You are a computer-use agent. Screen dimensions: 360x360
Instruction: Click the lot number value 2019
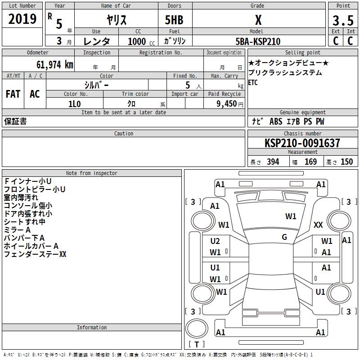tap(22, 19)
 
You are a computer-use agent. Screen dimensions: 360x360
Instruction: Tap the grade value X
tap(258, 20)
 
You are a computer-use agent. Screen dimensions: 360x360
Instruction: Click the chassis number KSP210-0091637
tap(302, 143)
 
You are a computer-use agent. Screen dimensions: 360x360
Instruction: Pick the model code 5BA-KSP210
tap(258, 41)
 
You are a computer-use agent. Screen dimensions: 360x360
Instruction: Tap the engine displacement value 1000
tap(137, 41)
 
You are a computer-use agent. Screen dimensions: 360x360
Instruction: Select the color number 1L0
tap(74, 103)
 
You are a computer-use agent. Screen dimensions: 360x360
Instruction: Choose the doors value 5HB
tap(174, 20)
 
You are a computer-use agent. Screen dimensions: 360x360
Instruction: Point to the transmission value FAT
tap(13, 94)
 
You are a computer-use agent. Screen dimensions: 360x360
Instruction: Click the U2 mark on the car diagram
tap(215, 241)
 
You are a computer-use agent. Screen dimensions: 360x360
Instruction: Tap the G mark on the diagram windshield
tap(284, 237)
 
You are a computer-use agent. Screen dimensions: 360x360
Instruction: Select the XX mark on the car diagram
tap(318, 225)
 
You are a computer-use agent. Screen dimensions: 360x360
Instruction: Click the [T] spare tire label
tap(196, 344)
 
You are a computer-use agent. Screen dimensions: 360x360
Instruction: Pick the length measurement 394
tap(273, 162)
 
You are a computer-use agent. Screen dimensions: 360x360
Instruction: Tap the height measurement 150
tap(346, 162)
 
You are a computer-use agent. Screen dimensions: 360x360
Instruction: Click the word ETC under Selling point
tap(253, 83)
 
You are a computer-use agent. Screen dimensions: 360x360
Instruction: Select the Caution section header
tap(123, 134)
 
